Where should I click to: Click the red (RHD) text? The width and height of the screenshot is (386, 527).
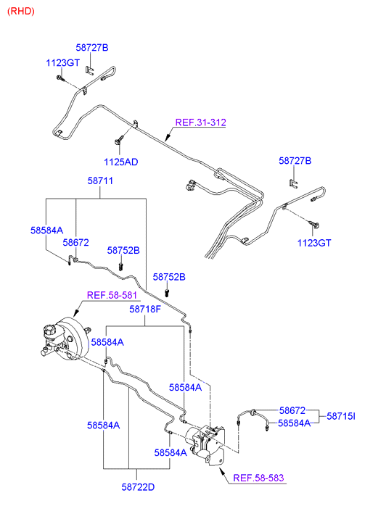(21, 11)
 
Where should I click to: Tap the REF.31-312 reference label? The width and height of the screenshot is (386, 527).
(200, 123)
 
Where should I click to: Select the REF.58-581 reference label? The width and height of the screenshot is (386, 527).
(112, 295)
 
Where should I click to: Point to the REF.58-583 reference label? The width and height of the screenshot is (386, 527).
(258, 478)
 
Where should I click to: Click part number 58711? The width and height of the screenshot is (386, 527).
(100, 180)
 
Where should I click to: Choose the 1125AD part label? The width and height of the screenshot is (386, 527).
(121, 162)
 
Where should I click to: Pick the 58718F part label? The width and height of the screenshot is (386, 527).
(145, 310)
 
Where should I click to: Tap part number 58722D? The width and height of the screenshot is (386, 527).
(138, 487)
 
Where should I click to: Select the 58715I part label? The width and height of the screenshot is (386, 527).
(341, 416)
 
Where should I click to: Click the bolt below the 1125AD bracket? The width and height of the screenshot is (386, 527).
(118, 141)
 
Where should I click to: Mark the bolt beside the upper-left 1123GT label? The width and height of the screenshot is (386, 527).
(60, 78)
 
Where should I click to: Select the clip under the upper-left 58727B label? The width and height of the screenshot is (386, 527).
(90, 70)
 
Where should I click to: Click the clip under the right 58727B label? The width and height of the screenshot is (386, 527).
(294, 184)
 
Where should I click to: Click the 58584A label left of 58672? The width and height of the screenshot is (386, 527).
(46, 231)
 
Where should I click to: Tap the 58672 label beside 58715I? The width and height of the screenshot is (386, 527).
(292, 410)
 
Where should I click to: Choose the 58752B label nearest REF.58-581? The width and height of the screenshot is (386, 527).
(123, 251)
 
